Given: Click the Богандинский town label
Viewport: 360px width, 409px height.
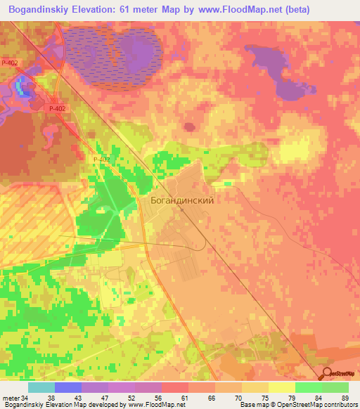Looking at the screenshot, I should pos(182,200).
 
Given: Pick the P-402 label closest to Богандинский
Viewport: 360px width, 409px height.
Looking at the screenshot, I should pos(102,160).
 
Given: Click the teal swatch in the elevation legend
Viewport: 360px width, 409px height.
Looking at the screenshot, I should pos(41,387).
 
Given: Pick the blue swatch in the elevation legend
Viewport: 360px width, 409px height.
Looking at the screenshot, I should pos(68,387).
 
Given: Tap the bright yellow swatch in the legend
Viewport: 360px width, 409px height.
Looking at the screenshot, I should pos(281,387).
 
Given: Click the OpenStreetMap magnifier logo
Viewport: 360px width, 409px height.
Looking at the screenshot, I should pos(328,375).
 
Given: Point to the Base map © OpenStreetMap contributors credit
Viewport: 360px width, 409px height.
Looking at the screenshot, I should pos(298,405).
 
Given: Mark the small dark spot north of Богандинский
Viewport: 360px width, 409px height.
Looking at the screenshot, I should pos(189,127).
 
